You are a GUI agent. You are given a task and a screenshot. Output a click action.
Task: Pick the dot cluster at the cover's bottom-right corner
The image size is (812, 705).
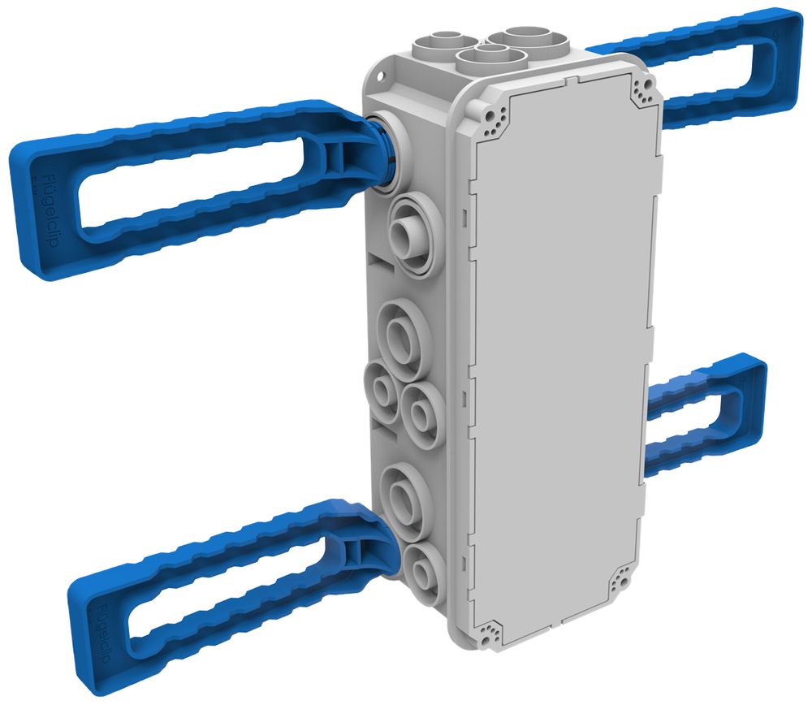pos(620,578)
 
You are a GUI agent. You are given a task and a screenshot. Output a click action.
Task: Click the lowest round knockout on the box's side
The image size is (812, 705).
pos(423,569)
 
